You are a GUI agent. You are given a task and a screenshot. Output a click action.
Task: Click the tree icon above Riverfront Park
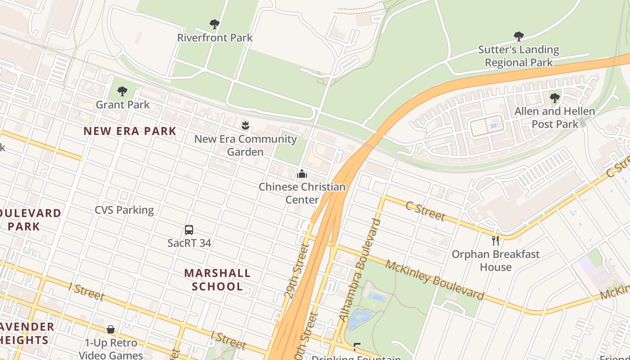click(x=215, y=24)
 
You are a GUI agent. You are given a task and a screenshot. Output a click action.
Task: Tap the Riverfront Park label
click(x=215, y=38)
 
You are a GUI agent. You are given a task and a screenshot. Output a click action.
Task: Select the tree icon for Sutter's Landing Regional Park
click(x=518, y=36)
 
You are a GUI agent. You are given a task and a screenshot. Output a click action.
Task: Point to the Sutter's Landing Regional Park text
click(x=518, y=56)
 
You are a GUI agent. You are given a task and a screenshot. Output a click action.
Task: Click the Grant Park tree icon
click(x=122, y=91)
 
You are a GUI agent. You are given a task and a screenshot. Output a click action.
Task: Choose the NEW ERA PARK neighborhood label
click(x=130, y=131)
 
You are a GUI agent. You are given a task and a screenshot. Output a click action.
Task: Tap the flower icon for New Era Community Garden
click(x=245, y=126)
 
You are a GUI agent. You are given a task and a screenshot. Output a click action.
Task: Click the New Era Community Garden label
click(x=245, y=145)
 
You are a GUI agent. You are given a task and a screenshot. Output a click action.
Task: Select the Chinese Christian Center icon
click(x=302, y=174)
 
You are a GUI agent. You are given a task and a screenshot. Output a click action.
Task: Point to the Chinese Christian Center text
click(x=302, y=193)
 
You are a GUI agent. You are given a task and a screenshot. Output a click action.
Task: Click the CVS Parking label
click(x=124, y=210)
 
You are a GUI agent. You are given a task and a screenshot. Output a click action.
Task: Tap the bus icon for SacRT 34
click(x=189, y=230)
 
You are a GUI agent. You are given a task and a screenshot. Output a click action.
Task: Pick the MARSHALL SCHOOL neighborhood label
click(x=217, y=279)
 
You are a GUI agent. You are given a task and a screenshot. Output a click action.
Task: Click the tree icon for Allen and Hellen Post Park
click(x=554, y=98)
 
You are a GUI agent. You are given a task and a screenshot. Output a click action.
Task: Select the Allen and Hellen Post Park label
click(x=554, y=117)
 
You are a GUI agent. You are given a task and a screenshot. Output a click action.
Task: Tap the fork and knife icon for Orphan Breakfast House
click(x=495, y=241)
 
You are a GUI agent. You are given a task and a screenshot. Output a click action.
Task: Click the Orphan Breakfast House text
click(x=495, y=261)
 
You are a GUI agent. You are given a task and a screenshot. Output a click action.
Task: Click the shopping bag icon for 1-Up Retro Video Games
click(x=111, y=330)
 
